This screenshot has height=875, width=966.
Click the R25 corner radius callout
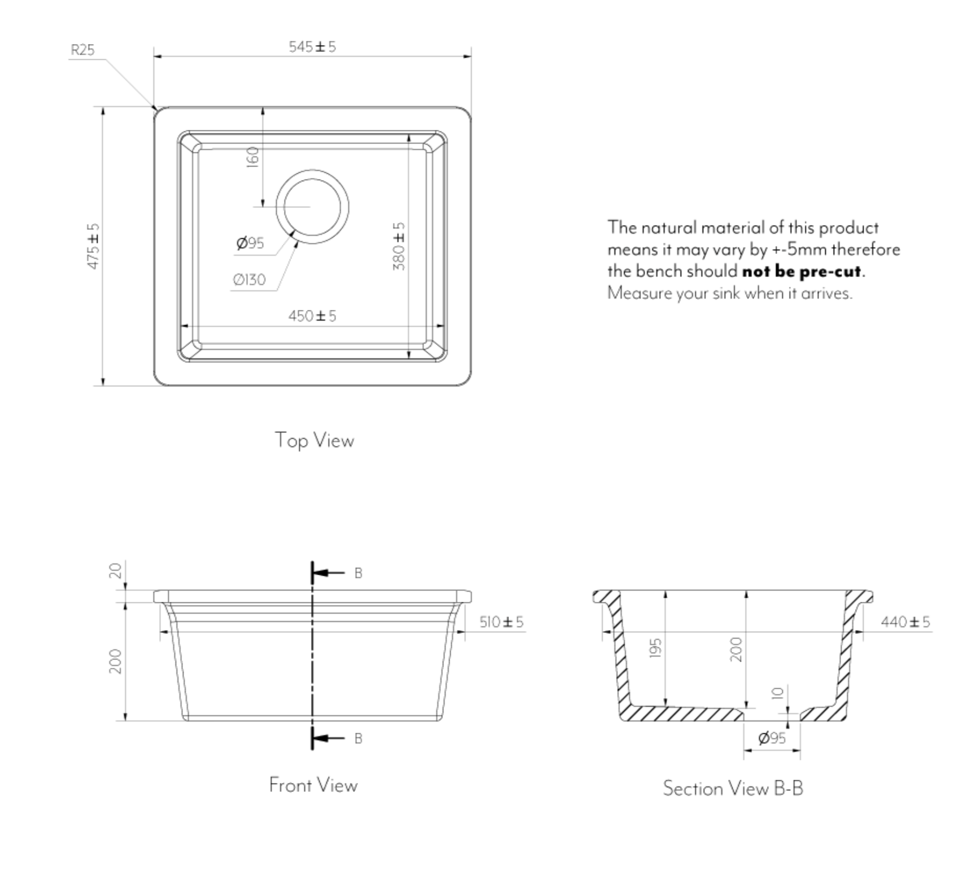tap(82, 50)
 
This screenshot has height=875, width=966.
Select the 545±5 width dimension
tap(312, 47)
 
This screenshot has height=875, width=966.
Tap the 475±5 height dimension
tap(93, 246)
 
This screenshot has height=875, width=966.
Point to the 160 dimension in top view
tap(253, 156)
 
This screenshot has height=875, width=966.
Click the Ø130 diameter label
tap(249, 279)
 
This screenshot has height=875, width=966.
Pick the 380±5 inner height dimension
tap(399, 246)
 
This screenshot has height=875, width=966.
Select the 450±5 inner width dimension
tap(312, 316)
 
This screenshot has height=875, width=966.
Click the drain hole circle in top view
tap(312, 207)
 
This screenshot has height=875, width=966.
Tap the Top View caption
tap(314, 440)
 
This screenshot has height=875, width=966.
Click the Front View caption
tap(313, 785)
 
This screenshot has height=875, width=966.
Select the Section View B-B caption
tap(733, 788)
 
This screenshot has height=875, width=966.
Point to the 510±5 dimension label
tap(501, 622)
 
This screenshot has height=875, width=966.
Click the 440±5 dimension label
tap(905, 622)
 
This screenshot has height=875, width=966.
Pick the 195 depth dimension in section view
tap(655, 648)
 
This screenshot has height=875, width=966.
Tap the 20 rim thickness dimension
tap(115, 571)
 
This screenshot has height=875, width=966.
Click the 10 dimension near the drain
tap(778, 693)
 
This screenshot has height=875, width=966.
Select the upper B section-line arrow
tap(328, 573)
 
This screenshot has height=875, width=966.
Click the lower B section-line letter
tap(358, 738)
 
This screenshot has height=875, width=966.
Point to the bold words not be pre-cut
tap(802, 272)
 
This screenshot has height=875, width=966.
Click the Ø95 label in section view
tap(772, 738)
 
